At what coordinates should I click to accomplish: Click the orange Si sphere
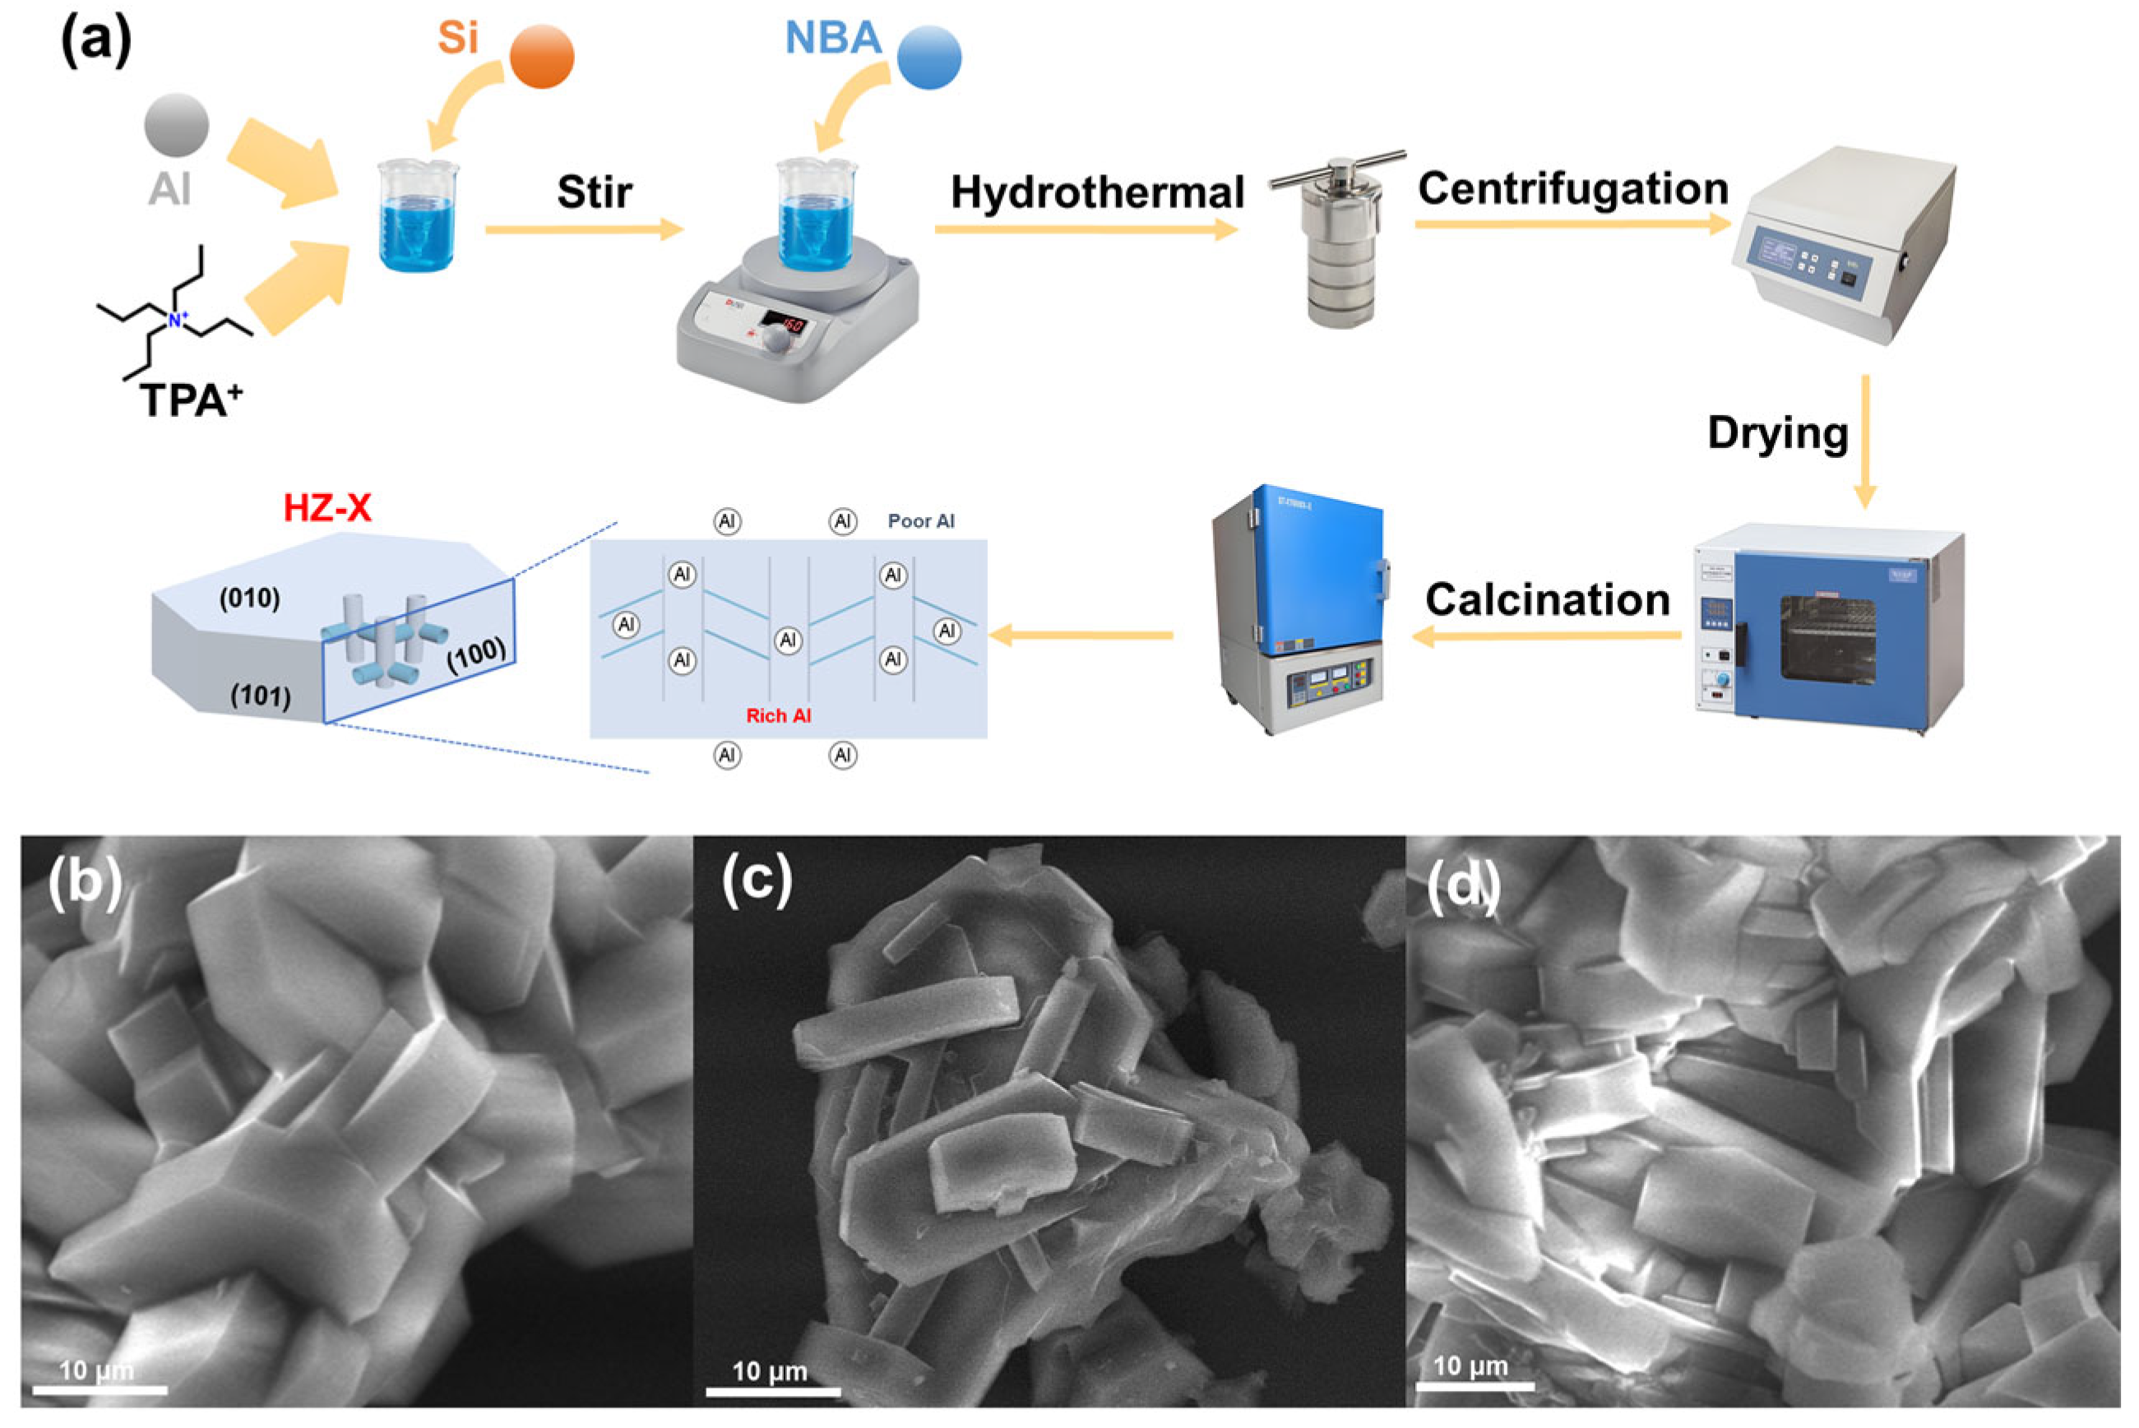541,57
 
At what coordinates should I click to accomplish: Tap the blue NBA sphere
928,57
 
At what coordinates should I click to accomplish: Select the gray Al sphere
176,124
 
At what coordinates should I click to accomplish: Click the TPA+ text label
192,400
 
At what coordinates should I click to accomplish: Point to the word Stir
594,192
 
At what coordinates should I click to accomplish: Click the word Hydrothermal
1097,192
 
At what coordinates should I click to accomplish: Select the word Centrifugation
1573,188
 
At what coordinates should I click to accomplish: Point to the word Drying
1777,432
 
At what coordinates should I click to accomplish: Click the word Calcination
1548,599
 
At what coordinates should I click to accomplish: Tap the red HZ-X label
327,507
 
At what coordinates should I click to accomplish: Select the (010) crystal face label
248,598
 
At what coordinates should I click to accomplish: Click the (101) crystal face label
260,696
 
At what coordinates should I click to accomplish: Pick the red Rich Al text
778,716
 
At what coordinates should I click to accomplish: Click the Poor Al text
921,521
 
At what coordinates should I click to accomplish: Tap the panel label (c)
756,880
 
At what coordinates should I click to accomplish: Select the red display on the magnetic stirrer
783,323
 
